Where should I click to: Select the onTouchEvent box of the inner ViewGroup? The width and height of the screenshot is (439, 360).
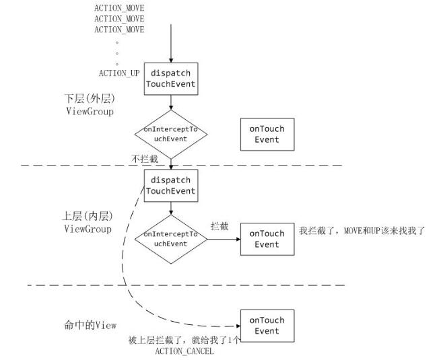coord(267,239)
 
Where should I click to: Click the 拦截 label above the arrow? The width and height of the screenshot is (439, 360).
coord(219,227)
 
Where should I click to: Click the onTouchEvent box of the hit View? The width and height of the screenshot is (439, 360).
coord(267,326)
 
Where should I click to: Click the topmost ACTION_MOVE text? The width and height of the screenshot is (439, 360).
coord(119,8)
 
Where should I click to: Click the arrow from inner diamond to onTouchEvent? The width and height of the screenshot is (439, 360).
coord(224,239)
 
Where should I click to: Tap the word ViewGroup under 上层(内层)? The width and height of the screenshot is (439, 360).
coord(88,229)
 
